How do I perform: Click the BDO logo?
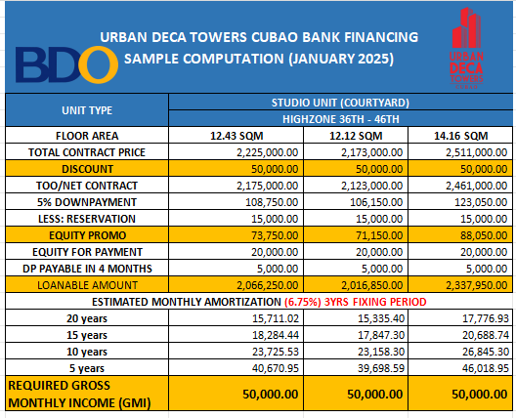pos(66,64)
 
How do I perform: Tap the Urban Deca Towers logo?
pos(466,48)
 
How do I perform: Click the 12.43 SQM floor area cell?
pos(236,136)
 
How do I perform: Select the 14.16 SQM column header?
pos(460,136)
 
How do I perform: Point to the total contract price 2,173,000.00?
pos(371,152)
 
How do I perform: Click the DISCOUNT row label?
pos(87,169)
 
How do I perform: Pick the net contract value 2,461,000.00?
pos(476,186)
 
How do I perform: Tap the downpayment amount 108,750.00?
pos(272,202)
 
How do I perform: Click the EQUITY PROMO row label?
pos(87,235)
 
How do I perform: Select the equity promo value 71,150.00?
pos(379,235)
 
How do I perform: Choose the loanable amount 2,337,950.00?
pos(476,285)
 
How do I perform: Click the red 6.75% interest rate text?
pos(303,302)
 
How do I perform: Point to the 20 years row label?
pos(87,318)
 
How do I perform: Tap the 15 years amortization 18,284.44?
pos(276,335)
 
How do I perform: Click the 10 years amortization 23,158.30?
pos(381,352)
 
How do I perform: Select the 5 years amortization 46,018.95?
pos(486,368)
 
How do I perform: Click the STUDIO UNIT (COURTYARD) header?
pos(340,103)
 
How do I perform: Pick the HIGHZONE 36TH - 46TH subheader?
pos(341,119)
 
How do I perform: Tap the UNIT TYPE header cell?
pos(87,110)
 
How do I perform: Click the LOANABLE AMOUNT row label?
pos(87,285)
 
